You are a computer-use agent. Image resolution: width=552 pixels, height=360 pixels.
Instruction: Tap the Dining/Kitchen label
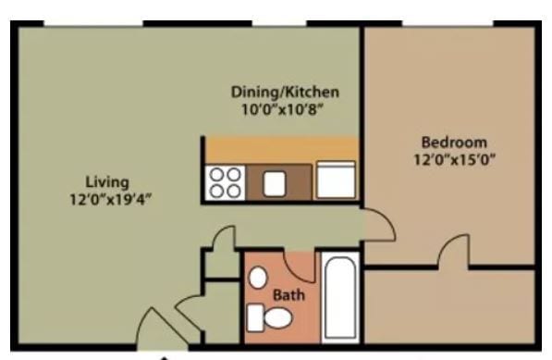coord(285,93)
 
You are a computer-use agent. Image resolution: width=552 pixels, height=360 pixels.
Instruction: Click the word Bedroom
coord(453,143)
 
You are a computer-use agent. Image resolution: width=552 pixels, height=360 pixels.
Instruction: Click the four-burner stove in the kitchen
coord(225,182)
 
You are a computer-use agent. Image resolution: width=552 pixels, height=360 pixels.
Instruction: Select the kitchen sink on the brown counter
coord(275,183)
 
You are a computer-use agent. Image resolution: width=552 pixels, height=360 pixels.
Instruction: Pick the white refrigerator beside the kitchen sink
coord(336,180)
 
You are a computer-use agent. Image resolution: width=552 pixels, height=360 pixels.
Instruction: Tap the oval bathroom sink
coord(259,278)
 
